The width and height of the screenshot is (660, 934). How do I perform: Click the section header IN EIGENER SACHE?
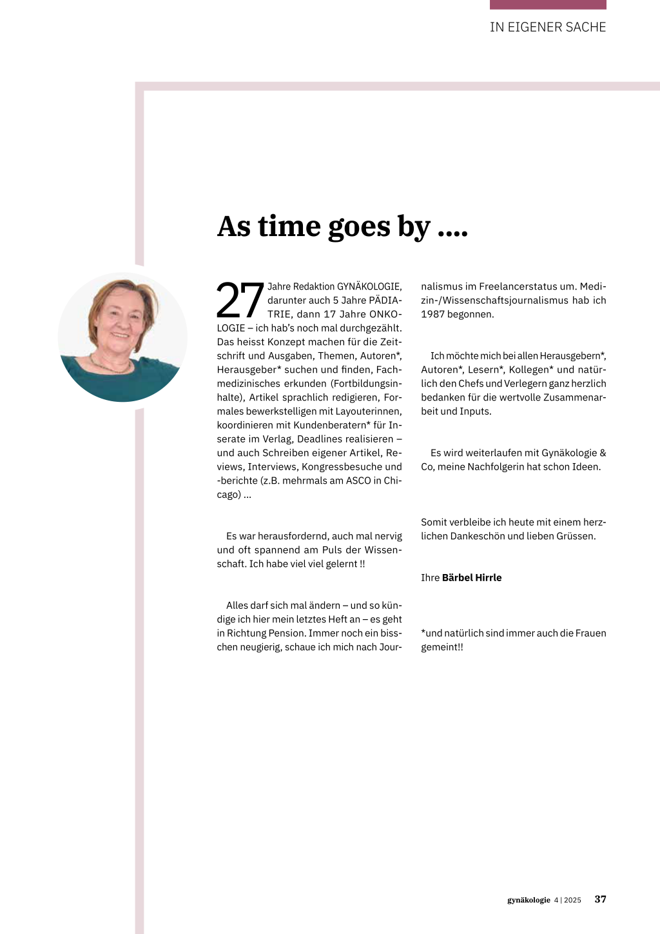tap(548, 27)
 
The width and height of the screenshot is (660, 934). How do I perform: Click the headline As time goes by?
tap(342, 227)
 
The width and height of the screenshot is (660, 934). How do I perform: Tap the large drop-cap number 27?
tap(240, 301)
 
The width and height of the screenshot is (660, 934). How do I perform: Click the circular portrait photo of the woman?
tap(122, 337)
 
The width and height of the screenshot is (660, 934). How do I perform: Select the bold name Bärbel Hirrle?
tap(472, 577)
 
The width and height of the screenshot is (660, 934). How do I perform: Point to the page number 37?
tap(600, 899)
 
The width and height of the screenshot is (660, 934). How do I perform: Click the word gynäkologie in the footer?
tap(529, 900)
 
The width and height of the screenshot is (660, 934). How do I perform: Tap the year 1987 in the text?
tap(433, 314)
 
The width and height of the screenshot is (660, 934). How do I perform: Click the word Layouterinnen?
tap(369, 411)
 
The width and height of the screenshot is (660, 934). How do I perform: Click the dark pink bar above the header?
tap(548, 5)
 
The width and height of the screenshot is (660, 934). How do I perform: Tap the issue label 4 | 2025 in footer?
tap(567, 900)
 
